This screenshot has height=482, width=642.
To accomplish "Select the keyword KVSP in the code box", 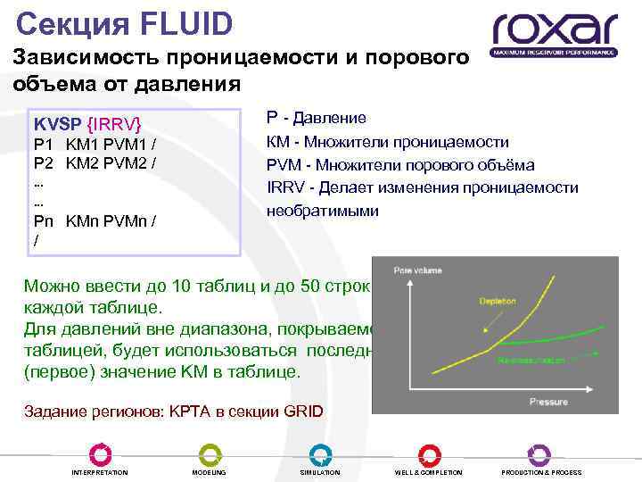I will click(x=56, y=123).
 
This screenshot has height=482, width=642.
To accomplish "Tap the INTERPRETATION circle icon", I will click(x=100, y=454).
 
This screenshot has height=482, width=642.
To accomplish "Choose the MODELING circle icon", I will click(x=210, y=454).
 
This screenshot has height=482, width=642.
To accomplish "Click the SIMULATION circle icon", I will click(x=320, y=454).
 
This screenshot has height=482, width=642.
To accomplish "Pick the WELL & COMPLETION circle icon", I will click(x=429, y=454).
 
